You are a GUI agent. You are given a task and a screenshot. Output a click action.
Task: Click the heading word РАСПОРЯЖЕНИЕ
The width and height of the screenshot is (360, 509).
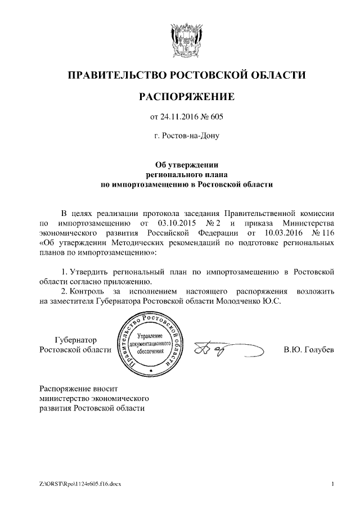tap(186, 97)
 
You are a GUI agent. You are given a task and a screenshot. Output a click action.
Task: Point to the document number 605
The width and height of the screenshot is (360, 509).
tap(217, 117)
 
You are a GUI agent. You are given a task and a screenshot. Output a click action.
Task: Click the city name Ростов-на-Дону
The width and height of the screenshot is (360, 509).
tap(186, 136)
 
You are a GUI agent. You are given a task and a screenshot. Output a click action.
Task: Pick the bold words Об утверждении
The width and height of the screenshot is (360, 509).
tap(186, 164)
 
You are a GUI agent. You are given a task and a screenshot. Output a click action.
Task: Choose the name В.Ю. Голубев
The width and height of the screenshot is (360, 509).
tap(309, 350)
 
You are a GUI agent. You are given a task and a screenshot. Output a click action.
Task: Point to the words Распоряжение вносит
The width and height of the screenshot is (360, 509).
tap(79, 389)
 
